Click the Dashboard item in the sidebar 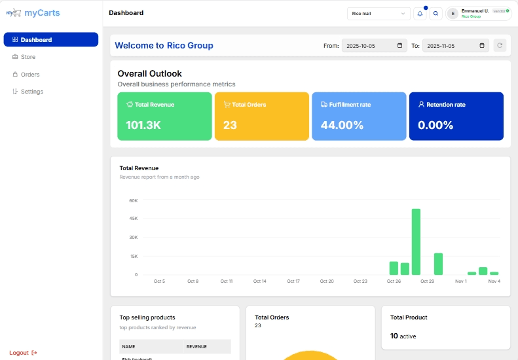pos(50,40)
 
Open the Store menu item pos(28,57)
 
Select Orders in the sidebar pos(29,75)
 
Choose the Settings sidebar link pos(31,92)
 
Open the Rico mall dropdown pos(379,13)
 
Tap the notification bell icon pos(420,13)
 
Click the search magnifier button pos(435,13)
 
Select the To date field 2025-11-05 pos(455,45)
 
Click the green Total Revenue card pos(164,116)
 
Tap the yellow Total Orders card pos(261,116)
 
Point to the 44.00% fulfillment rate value pos(342,125)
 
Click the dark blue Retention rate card pos(456,116)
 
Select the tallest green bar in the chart pos(416,242)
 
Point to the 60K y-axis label pos(133,200)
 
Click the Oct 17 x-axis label pos(293,281)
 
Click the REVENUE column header pos(196,346)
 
